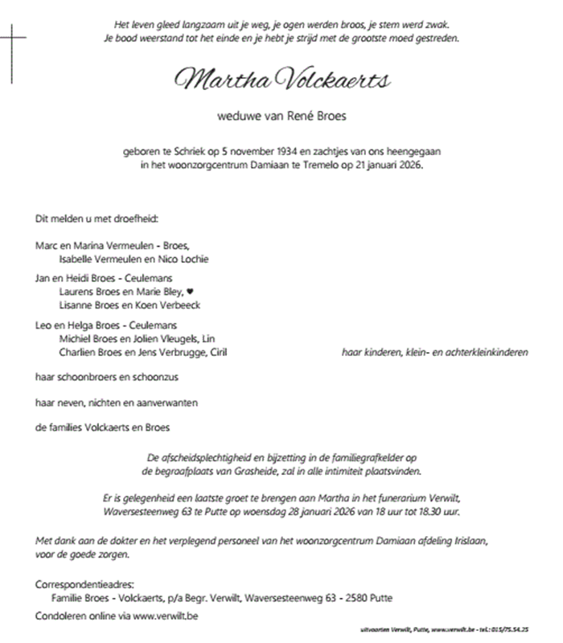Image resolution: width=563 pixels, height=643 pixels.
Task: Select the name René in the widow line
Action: (x=298, y=117)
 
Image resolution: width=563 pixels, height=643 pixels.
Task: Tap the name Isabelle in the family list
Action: (x=78, y=259)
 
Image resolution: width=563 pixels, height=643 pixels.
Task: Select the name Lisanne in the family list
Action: (x=77, y=305)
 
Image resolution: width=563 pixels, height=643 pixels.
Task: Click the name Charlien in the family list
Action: (x=79, y=352)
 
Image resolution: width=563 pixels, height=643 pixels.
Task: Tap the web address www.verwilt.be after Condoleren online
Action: (x=164, y=615)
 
